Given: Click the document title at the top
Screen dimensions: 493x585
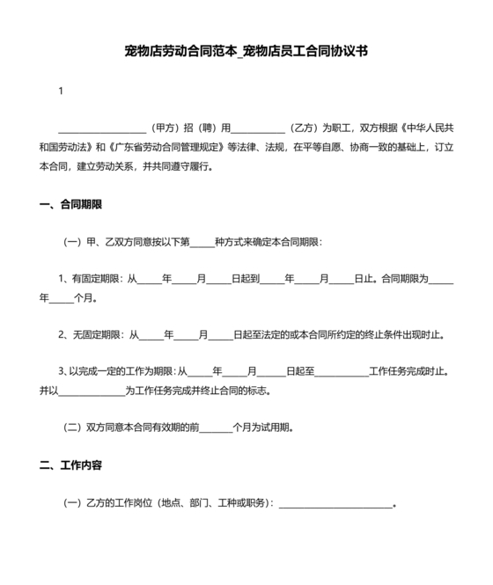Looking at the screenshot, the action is coord(246,52).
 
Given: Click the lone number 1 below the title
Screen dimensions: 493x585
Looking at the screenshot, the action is coord(61,91).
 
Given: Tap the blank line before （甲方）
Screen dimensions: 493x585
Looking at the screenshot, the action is coord(101,128).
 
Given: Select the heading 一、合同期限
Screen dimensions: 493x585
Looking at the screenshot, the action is coord(71,204).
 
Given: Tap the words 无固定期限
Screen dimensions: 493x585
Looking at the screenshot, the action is coord(99,335).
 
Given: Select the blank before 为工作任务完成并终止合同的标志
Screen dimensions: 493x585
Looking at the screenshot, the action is coord(92,391).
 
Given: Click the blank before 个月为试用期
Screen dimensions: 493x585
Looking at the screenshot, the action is coord(215,428).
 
